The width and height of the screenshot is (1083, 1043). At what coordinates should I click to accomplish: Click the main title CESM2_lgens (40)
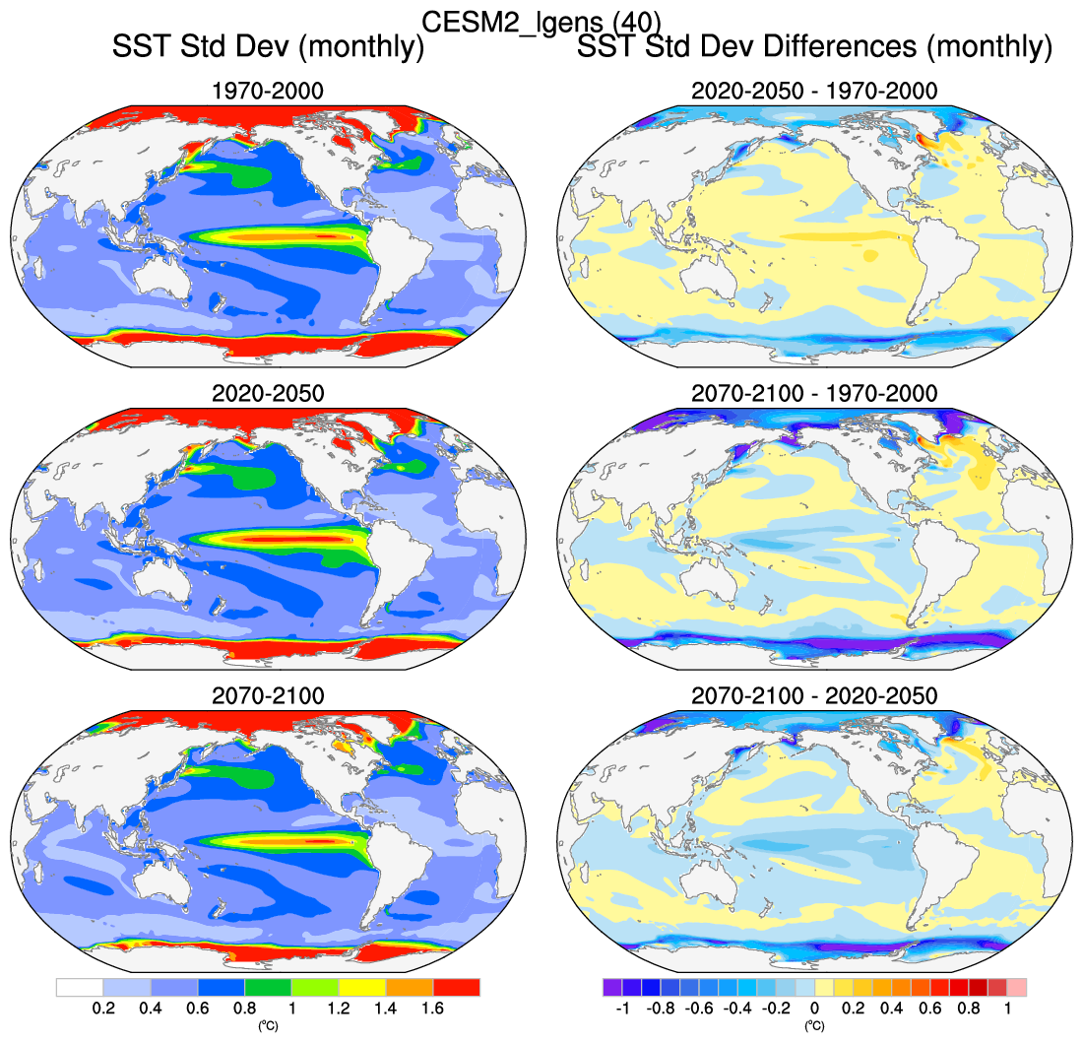point(541,20)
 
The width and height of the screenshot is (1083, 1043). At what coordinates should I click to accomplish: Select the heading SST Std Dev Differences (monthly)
point(814,46)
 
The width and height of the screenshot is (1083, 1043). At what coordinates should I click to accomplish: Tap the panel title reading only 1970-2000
point(268,92)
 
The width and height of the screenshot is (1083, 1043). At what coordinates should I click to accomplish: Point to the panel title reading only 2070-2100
point(268,695)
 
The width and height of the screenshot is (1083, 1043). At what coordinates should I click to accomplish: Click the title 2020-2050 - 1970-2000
point(813,92)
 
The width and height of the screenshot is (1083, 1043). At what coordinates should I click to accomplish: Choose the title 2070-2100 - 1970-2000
point(813,393)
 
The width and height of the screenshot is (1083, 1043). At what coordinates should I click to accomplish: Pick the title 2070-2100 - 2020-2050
point(813,695)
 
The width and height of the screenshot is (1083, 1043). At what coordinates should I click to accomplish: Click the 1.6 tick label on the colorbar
point(433,1009)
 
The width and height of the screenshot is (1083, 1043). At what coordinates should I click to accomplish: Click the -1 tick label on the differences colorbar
point(621,1009)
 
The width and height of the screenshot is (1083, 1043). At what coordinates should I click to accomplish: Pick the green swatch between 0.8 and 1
point(268,987)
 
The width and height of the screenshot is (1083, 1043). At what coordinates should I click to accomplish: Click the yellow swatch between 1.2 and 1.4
point(362,987)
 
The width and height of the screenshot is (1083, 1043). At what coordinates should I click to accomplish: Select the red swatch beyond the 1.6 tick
point(457,987)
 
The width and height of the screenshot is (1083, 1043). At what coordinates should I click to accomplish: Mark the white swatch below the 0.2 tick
point(79,987)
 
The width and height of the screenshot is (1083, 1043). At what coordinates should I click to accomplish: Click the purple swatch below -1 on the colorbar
point(611,987)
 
